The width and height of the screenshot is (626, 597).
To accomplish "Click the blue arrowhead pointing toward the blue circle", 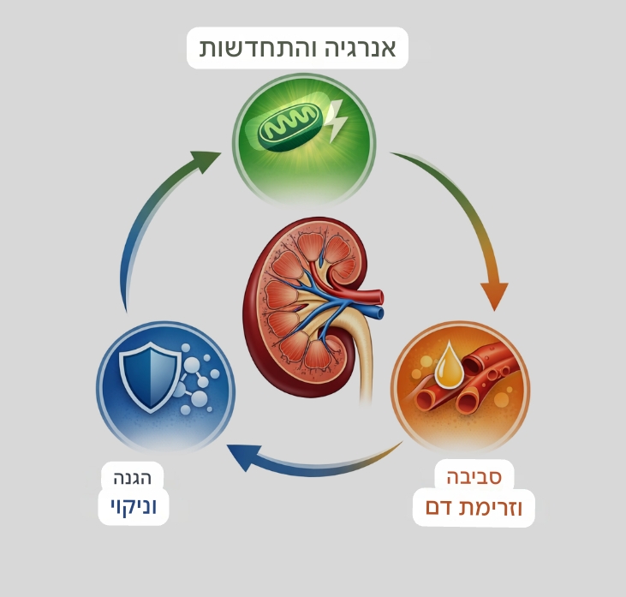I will (x=242, y=457).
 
